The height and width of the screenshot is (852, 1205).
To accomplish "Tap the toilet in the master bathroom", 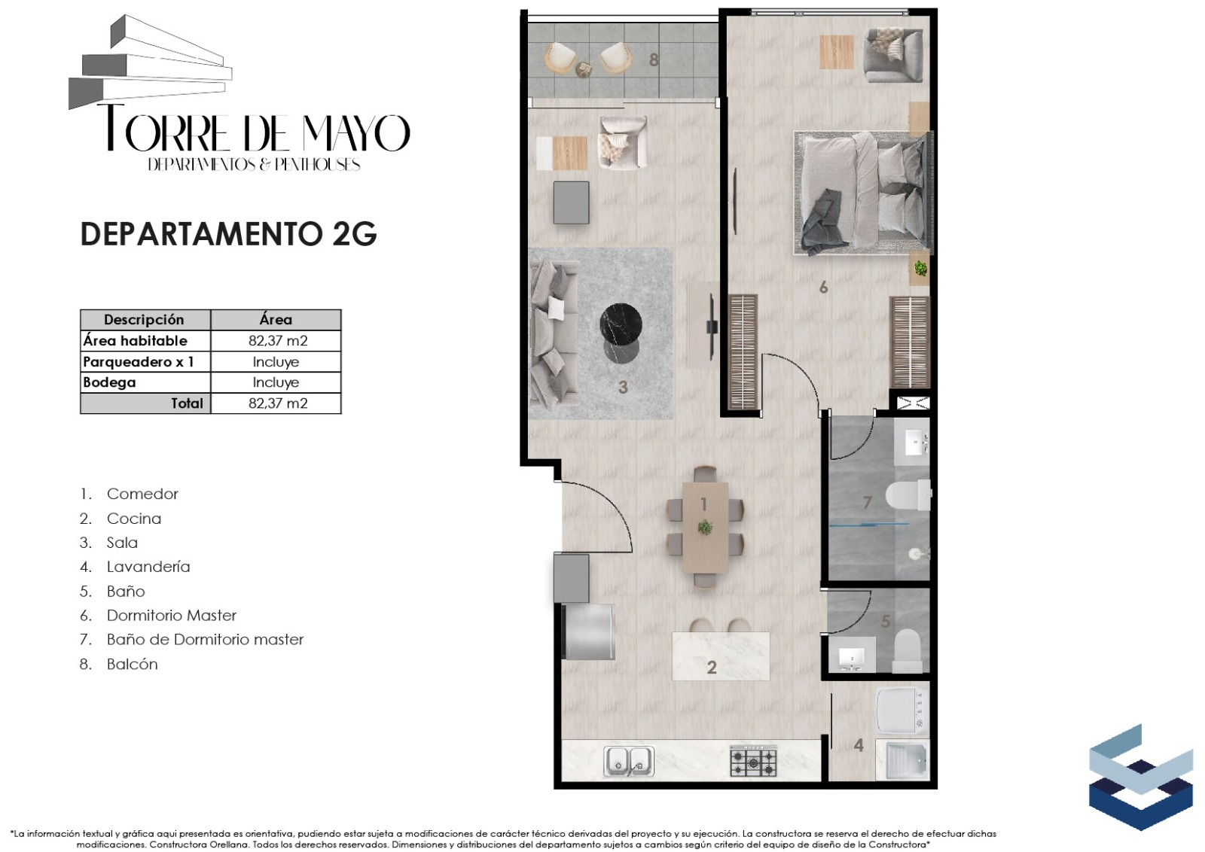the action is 908,495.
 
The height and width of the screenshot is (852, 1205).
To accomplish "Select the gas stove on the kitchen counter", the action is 753,761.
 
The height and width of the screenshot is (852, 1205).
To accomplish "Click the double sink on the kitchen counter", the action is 629,761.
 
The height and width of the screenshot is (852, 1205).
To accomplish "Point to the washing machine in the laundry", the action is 903,711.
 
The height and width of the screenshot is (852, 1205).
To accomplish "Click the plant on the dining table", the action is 705,528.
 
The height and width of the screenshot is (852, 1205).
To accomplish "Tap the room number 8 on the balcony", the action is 654,59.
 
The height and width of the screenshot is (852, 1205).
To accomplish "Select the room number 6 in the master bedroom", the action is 823,288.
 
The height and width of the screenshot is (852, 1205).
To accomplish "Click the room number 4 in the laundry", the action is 859,745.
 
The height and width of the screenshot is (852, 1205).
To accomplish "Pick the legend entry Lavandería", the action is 148,567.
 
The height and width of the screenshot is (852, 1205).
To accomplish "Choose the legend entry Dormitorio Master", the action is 172,616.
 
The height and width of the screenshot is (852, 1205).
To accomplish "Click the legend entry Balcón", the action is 133,664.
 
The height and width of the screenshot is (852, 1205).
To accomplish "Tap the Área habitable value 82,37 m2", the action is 278,341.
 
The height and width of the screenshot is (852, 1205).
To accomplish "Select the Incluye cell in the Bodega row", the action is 276,382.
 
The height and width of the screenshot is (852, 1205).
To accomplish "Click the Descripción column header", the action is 144,320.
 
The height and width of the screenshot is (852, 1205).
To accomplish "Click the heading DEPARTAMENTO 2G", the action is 229,234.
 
